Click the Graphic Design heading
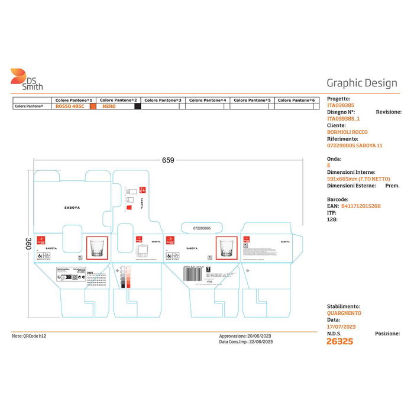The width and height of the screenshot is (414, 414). coord(362,83)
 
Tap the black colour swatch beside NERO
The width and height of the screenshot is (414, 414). coord(137,106)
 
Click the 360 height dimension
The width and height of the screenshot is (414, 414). coord(28,244)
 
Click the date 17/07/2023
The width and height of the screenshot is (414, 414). coord(341,326)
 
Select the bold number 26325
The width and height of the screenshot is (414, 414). coord(339,341)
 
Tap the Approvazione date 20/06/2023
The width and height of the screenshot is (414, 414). coord(260,336)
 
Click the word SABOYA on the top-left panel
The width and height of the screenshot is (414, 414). coord(72,208)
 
